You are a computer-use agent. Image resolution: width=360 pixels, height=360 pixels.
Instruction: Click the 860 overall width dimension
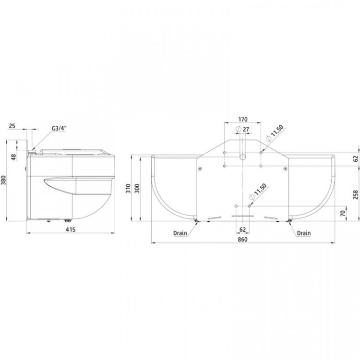coord(242,240)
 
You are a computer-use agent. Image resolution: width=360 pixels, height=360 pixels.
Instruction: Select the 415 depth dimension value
coord(71,229)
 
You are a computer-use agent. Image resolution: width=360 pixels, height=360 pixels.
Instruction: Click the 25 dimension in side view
coord(12,126)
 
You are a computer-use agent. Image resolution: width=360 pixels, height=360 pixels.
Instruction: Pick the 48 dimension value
coord(14,157)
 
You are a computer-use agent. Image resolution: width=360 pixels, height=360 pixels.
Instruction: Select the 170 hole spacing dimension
coord(243,120)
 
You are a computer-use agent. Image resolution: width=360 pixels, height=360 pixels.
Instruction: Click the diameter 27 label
coord(242,129)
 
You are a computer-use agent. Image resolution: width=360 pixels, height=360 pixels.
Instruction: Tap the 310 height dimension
coord(128,188)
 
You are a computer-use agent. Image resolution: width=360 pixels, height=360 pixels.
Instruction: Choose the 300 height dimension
coord(137,188)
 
